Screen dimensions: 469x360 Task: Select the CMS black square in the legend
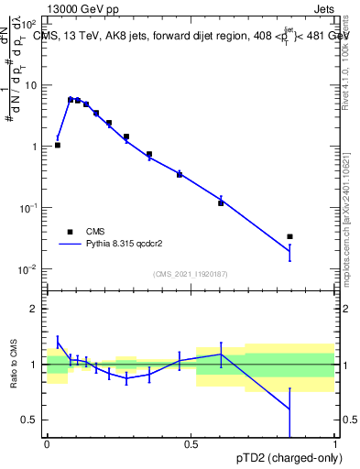tap(70, 232)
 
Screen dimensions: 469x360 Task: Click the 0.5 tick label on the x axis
tap(191, 443)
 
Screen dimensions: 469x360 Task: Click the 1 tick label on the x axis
tap(334, 443)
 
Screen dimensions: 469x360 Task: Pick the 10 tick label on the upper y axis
tap(33, 85)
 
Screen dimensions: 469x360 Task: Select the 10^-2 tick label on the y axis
tap(31, 269)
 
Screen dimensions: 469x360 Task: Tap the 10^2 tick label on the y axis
tap(31, 25)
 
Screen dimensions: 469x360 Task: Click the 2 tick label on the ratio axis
tap(36, 310)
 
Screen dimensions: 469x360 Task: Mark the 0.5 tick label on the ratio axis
tap(31, 420)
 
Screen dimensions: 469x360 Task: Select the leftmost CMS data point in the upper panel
tap(58, 145)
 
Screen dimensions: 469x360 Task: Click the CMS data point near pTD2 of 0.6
tap(221, 202)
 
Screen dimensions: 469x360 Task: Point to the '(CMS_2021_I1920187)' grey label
tap(190, 274)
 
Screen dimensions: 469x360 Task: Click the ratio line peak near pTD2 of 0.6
tap(221, 354)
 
